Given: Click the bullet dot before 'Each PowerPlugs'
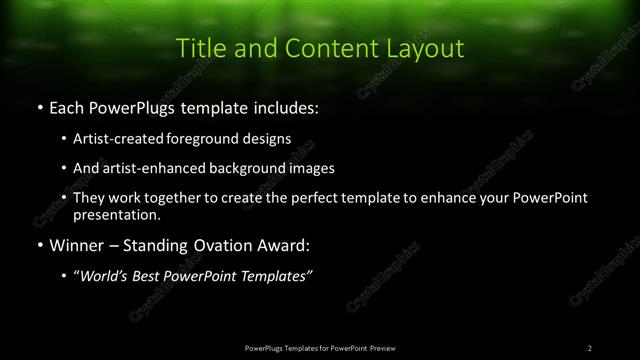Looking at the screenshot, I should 38,105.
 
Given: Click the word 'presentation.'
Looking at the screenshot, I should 116,214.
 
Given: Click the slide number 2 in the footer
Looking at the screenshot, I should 590,348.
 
